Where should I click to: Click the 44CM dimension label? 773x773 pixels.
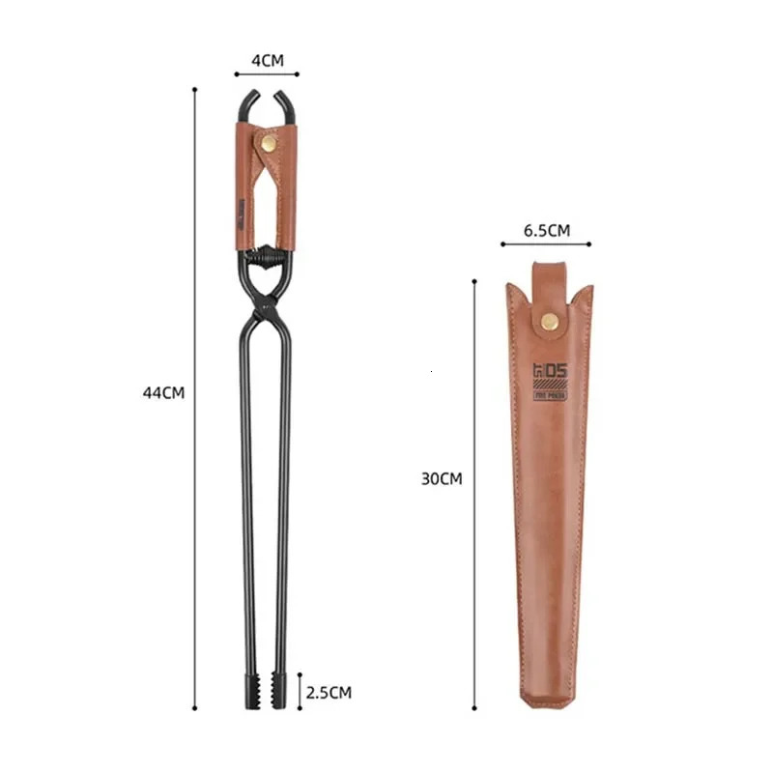[162, 392]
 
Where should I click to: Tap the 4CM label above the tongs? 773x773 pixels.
[267, 60]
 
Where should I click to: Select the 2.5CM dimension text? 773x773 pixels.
[329, 692]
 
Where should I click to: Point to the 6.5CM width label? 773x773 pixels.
[546, 230]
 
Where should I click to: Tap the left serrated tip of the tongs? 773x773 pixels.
[249, 693]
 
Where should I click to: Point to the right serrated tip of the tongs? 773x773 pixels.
[280, 693]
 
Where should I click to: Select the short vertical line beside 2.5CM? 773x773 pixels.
[301, 692]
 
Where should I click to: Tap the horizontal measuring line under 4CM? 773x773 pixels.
[267, 73]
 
